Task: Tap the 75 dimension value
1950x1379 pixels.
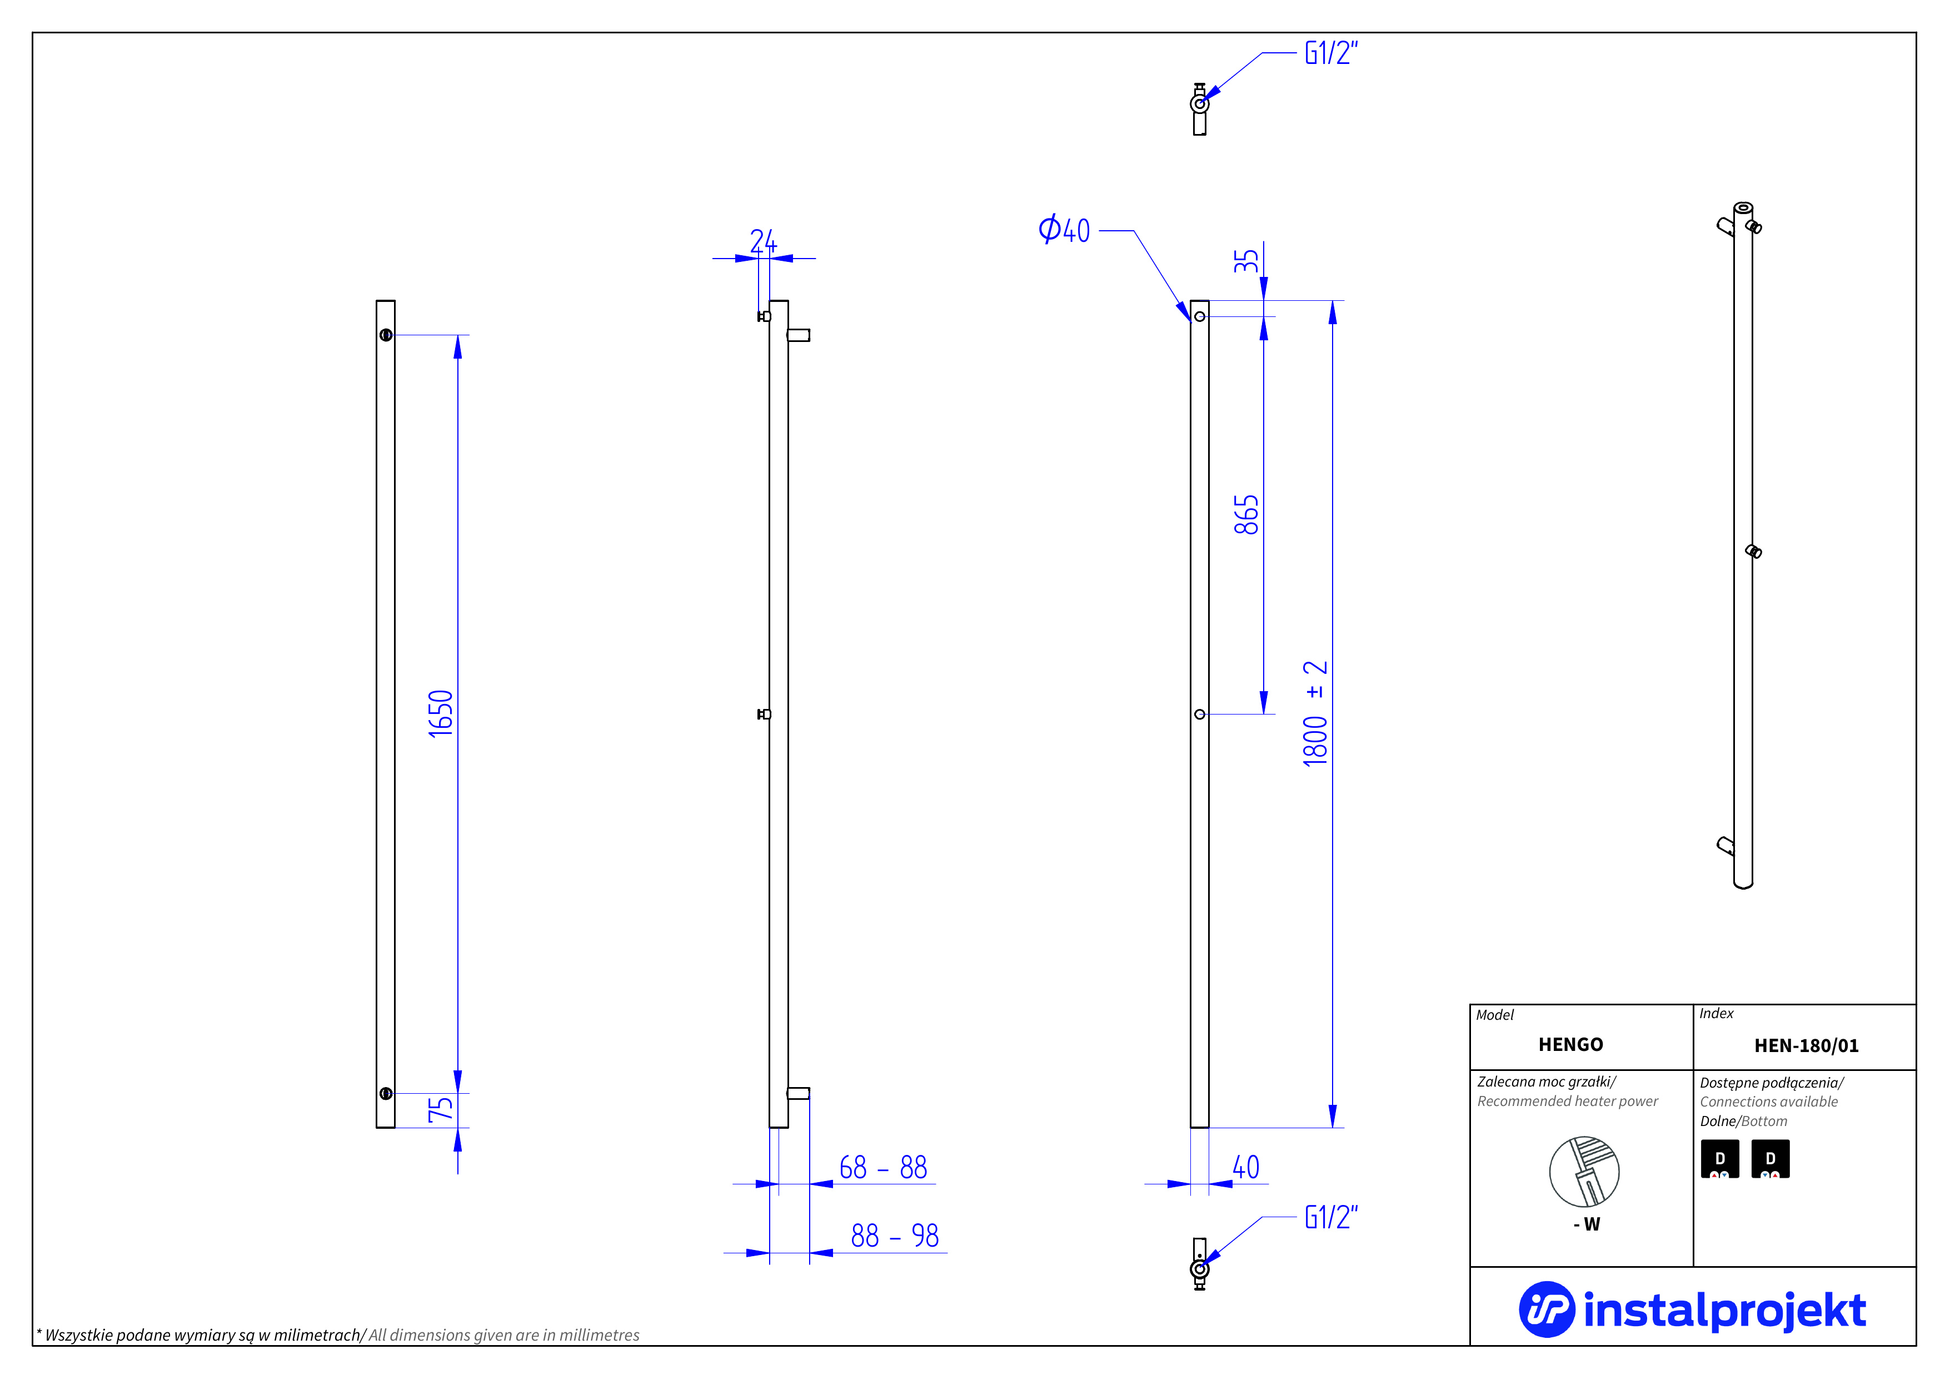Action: pos(441,1108)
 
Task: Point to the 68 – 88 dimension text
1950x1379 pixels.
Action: pos(882,1168)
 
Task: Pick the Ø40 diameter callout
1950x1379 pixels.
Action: pos(1064,230)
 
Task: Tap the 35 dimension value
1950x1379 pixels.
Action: pos(1246,260)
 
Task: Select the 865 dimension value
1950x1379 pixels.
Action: pos(1246,515)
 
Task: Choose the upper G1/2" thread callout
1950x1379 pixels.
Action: pos(1331,53)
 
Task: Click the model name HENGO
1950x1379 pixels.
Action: pos(1570,1044)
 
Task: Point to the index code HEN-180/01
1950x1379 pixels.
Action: pos(1807,1045)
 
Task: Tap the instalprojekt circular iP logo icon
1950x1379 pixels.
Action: pos(1546,1309)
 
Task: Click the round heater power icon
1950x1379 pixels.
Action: pos(1584,1172)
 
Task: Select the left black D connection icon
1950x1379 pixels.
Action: pos(1720,1159)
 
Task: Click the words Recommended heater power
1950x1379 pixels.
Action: pos(1567,1101)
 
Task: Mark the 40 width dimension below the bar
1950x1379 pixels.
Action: pos(1246,1168)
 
